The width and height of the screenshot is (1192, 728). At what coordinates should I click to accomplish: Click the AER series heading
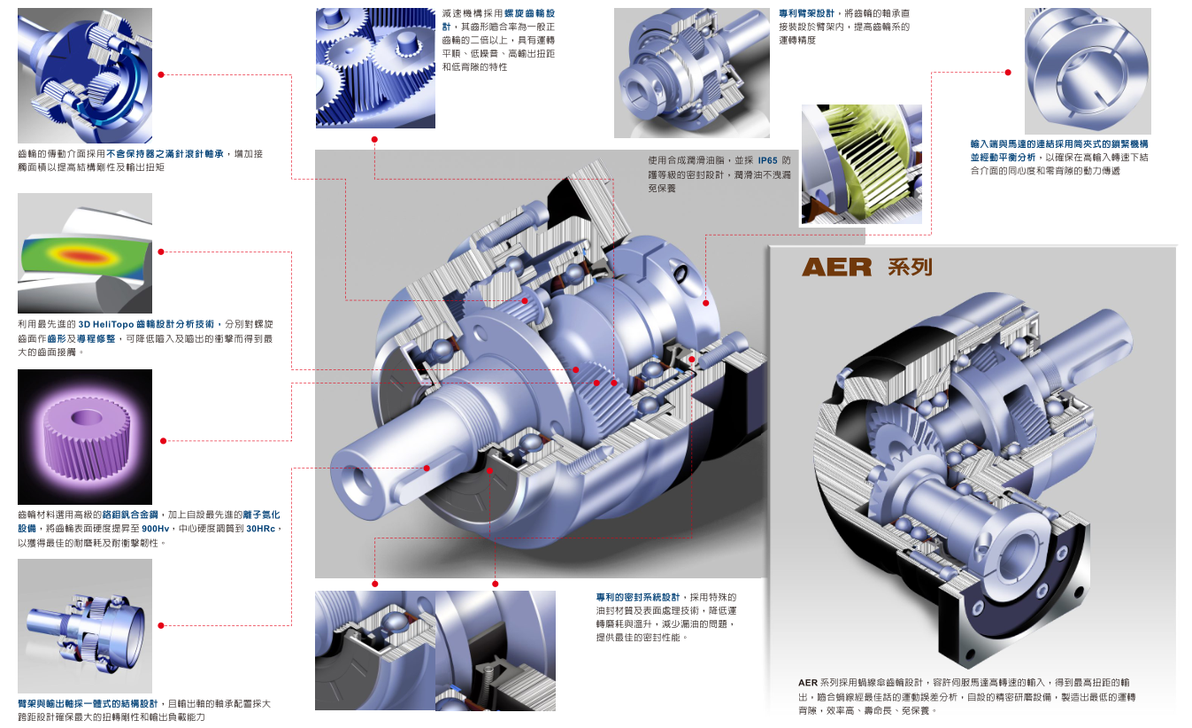[x=867, y=267]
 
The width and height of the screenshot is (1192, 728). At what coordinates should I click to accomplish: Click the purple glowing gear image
[x=85, y=437]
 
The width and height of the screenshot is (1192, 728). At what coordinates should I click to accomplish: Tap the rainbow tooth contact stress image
[x=85, y=253]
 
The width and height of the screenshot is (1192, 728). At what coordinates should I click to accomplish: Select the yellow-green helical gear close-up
[x=862, y=164]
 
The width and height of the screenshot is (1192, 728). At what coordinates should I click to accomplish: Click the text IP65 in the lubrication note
[x=767, y=160]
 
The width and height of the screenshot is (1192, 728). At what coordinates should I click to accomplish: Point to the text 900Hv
[x=156, y=529]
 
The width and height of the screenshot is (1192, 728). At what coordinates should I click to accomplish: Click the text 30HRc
[x=261, y=529]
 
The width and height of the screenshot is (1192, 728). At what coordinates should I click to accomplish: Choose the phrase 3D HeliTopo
[x=106, y=324]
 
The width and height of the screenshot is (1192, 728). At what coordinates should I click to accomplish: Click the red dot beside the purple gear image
[x=164, y=441]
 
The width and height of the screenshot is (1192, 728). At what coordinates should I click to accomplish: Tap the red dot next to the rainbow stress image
[x=161, y=252]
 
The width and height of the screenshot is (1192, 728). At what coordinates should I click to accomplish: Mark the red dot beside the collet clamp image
[x=1008, y=73]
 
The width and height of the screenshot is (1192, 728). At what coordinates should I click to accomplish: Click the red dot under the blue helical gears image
[x=374, y=140]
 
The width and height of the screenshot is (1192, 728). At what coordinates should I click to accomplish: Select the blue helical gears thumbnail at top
[x=375, y=67]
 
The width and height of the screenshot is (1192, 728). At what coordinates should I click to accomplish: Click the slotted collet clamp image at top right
[x=1088, y=71]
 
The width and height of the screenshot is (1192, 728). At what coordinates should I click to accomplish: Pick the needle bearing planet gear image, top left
[x=85, y=75]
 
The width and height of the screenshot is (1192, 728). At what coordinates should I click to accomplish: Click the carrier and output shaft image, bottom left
[x=85, y=626]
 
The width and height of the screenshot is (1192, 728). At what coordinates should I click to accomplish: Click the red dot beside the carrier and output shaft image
[x=161, y=626]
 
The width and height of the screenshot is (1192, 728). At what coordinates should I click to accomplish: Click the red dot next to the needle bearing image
[x=161, y=74]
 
